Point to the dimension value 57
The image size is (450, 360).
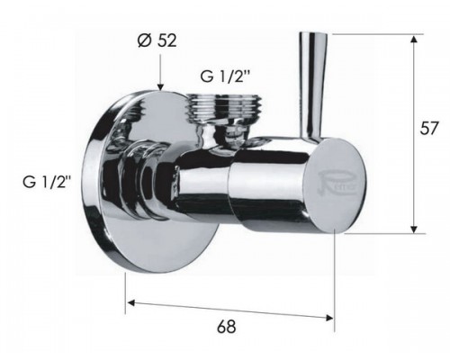point(432,130)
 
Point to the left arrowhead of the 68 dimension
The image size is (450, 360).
point(130,303)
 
